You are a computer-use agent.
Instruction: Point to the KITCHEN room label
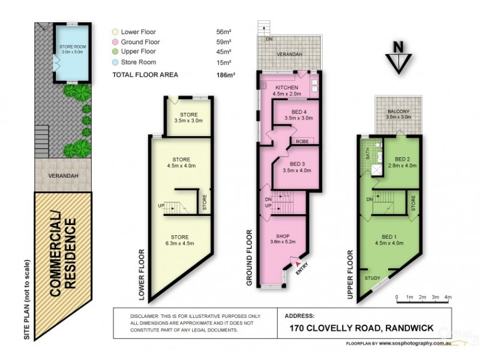(270, 88)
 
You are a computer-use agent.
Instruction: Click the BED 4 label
(298, 112)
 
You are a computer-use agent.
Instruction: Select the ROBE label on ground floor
(300, 142)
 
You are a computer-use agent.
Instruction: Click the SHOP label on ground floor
(282, 236)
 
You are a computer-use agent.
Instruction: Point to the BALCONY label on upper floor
(398, 112)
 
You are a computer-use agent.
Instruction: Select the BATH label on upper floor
(368, 155)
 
